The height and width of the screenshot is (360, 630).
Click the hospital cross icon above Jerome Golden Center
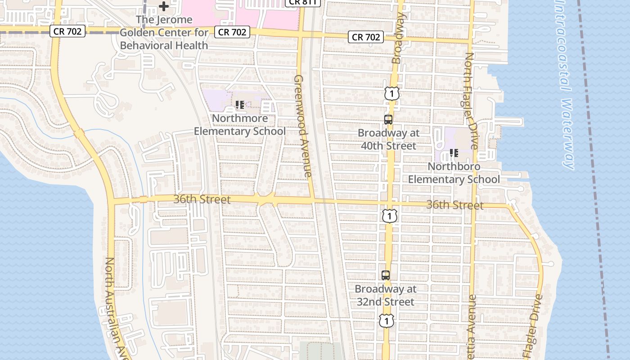(164, 6)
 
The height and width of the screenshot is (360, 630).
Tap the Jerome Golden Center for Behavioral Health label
(164, 32)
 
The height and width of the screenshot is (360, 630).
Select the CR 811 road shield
(303, 3)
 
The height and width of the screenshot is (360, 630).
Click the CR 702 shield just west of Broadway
(366, 37)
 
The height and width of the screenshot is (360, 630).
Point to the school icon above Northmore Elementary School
(240, 105)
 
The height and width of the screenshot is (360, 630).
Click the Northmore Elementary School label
(239, 125)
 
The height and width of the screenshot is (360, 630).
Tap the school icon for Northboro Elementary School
(454, 153)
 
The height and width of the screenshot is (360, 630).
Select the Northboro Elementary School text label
(454, 173)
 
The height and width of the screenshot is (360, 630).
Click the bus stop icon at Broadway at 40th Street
(388, 120)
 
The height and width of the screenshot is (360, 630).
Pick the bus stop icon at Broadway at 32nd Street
(386, 275)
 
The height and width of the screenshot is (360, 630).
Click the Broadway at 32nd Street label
(386, 295)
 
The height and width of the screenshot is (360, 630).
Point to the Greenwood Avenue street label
(302, 126)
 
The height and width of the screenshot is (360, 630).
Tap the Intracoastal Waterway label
(564, 85)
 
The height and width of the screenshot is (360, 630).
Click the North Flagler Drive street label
(471, 101)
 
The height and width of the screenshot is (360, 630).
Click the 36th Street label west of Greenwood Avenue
(202, 199)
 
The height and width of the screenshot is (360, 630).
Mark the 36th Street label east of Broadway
(455, 205)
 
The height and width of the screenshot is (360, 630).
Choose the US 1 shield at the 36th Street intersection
(390, 216)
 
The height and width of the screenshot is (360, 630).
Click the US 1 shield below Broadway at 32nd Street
(386, 320)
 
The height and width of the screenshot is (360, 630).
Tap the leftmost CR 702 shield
(67, 31)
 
